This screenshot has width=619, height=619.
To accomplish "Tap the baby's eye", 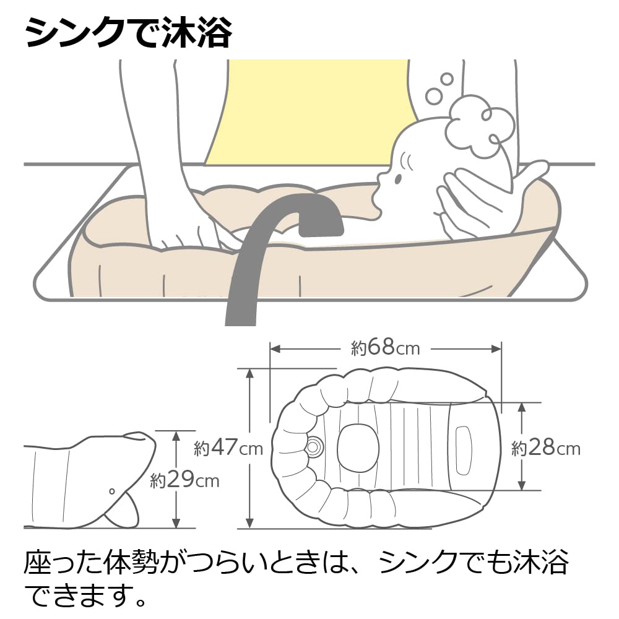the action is [398, 180].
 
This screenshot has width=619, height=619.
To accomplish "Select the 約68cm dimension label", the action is [385, 348].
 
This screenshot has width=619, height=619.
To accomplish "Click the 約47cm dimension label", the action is [228, 448].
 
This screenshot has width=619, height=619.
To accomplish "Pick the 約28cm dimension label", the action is [546, 448].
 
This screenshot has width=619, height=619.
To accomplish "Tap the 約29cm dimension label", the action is [184, 480].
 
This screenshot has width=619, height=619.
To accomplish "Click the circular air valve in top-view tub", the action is [313, 447].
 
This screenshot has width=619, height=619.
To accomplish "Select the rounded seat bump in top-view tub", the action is [358, 447].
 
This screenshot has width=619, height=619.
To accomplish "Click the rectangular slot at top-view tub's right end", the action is [464, 451].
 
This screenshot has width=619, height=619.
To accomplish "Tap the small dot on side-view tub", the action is [111, 491].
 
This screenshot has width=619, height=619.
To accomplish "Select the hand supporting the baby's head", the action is [490, 201].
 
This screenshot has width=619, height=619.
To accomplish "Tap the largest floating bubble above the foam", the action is [435, 95].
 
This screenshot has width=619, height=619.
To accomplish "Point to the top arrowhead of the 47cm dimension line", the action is [249, 373].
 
